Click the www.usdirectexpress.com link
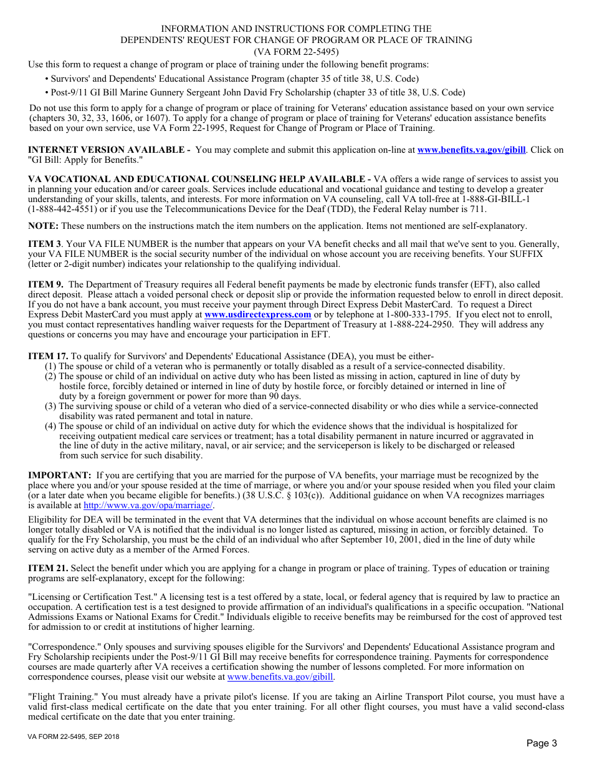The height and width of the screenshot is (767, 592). click(x=257, y=315)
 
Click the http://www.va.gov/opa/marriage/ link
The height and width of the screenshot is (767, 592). click(x=148, y=506)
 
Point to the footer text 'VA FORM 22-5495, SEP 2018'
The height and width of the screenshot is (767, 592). click(x=74, y=737)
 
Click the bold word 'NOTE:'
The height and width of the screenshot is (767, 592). click(x=43, y=226)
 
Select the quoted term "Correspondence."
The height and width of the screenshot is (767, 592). click(x=65, y=647)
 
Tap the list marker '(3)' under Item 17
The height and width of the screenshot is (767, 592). click(x=50, y=407)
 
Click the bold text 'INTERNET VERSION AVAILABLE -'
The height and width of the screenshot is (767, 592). click(x=109, y=150)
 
